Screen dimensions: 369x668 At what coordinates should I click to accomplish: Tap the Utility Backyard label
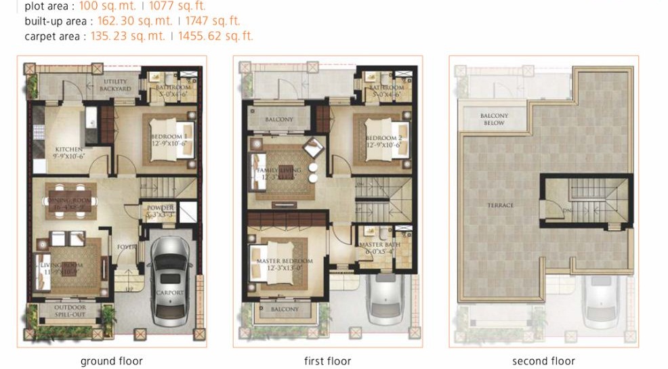(115, 85)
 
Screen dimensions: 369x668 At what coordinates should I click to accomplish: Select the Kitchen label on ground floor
(69, 150)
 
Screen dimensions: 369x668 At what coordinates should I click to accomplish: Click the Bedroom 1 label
(169, 137)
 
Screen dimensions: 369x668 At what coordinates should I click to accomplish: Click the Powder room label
(161, 208)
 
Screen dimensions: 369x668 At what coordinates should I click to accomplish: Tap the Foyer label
(127, 247)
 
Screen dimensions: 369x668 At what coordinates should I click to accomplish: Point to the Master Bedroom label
(285, 261)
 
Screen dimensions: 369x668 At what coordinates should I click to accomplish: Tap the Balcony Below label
(494, 119)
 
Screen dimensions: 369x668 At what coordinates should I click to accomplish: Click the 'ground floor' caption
(112, 361)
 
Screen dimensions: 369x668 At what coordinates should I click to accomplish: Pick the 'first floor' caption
(328, 361)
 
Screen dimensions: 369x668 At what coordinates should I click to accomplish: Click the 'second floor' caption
(543, 361)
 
